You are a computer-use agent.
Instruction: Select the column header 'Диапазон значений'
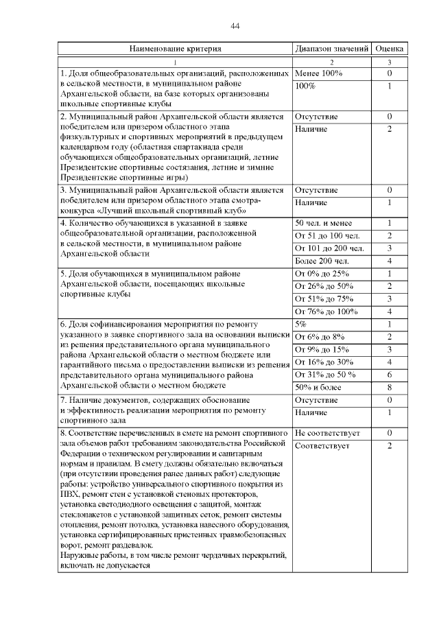332,49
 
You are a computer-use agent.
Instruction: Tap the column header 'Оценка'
390,49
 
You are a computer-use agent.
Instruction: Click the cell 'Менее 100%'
318,73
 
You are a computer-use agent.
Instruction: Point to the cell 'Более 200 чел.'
322,261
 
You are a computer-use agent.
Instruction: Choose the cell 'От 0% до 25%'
322,273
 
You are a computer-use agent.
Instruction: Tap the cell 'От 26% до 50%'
324,285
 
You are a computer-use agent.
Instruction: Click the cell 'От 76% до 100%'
326,311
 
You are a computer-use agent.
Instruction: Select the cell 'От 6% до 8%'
319,336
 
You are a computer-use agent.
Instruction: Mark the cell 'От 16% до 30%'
324,362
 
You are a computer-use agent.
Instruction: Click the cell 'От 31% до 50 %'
325,374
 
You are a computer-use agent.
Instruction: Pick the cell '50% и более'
318,387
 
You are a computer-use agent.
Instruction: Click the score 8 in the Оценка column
389,387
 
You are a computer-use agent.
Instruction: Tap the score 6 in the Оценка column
389,374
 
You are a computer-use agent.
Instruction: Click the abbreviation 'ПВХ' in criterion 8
70,493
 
